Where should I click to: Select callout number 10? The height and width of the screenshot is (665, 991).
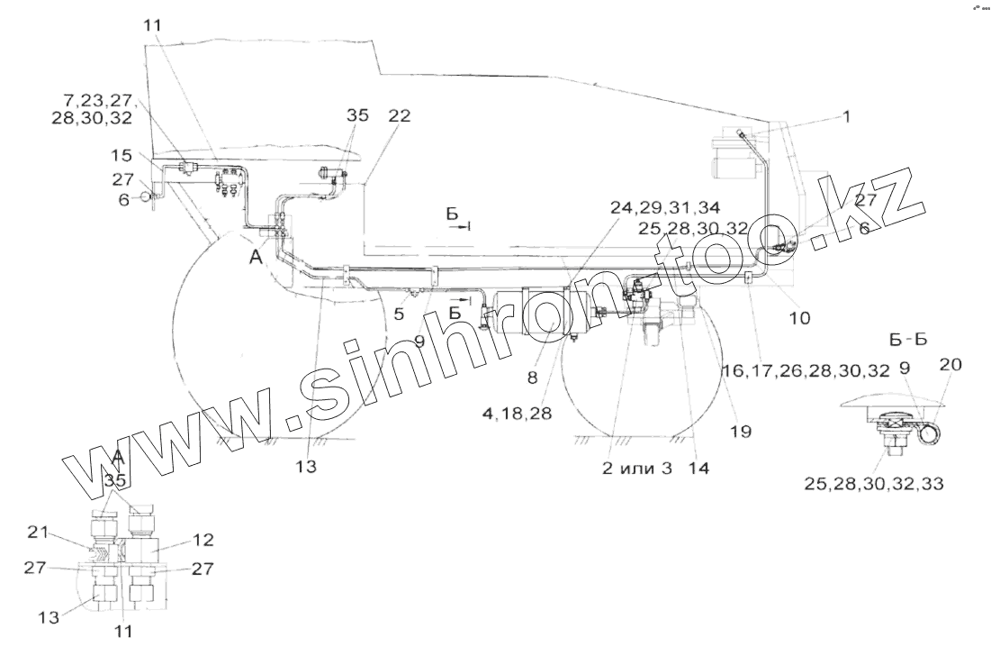click(x=799, y=317)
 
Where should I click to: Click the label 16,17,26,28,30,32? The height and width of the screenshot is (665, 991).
click(x=806, y=369)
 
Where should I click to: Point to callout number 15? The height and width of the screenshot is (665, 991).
click(x=122, y=156)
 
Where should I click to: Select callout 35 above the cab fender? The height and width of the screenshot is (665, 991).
click(x=357, y=116)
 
